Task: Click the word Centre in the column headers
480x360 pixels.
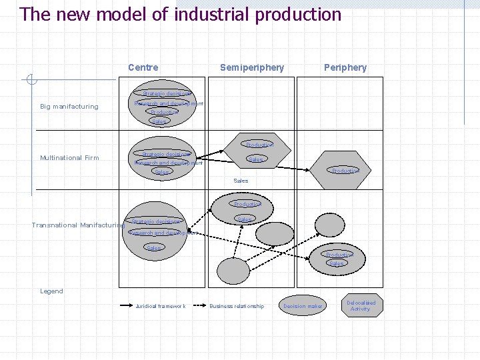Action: [143, 67]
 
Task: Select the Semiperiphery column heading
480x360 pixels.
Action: [252, 67]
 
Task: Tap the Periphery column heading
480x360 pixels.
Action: [345, 67]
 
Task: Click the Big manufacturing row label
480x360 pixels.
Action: [69, 107]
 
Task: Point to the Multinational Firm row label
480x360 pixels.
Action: [69, 158]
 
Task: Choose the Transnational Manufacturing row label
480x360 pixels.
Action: [78, 225]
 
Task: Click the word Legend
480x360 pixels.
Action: [51, 291]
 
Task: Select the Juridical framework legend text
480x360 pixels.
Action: [160, 307]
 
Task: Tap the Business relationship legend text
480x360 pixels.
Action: [237, 307]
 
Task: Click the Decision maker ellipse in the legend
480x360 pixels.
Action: [303, 306]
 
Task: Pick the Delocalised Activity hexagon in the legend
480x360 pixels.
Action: [361, 306]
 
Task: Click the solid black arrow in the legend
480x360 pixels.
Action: [127, 307]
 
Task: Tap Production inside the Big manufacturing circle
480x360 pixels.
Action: [163, 112]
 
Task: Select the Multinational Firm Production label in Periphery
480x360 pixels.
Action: [345, 171]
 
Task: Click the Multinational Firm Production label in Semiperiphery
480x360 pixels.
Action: [259, 145]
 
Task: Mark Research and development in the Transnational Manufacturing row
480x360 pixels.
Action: [163, 233]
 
